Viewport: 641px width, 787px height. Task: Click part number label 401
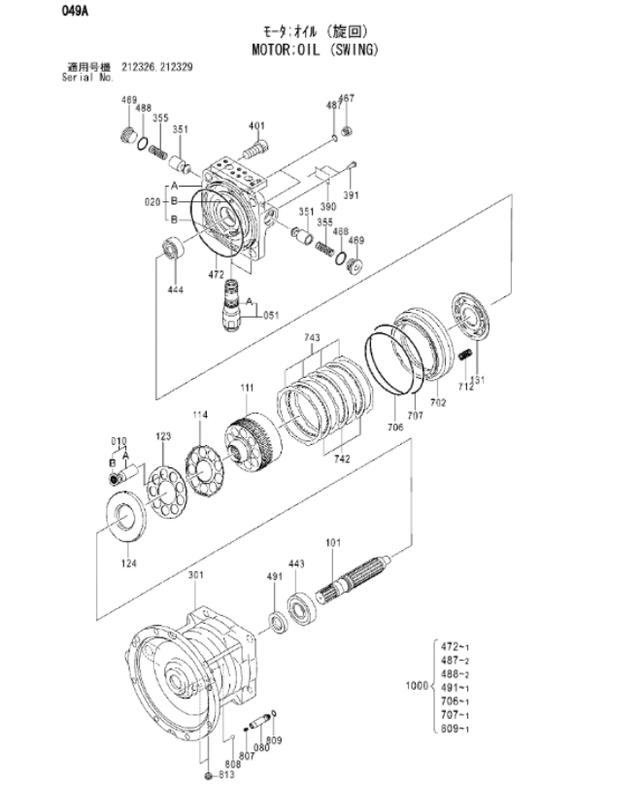pyautogui.click(x=255, y=125)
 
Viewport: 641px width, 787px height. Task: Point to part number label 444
pyautogui.click(x=175, y=290)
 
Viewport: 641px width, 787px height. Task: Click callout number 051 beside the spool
pyautogui.click(x=270, y=314)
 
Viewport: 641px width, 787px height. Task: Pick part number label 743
pyautogui.click(x=312, y=338)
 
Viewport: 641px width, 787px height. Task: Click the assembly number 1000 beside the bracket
pyautogui.click(x=415, y=686)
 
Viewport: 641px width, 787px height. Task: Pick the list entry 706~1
pyautogui.click(x=454, y=701)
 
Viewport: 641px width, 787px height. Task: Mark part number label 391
pyautogui.click(x=351, y=195)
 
